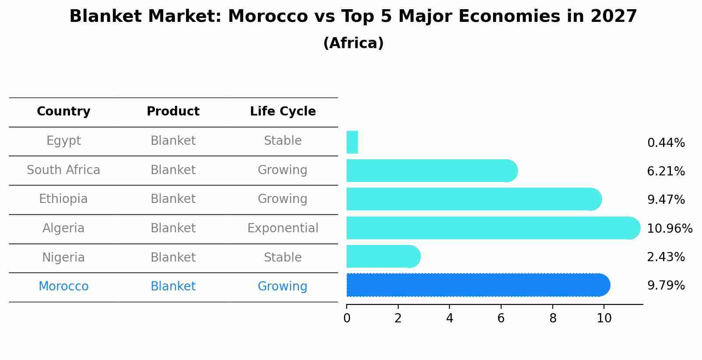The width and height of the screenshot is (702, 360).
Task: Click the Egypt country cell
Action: pos(63,141)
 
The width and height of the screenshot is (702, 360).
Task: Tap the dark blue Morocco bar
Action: pos(477,285)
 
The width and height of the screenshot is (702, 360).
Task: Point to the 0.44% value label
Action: pos(666,143)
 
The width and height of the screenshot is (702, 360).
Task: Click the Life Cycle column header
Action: pos(283,112)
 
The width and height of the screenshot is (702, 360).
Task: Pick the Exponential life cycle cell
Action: pos(283,228)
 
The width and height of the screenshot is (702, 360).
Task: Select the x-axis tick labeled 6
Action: pos(501,318)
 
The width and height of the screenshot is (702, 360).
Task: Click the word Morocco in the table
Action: pos(63,287)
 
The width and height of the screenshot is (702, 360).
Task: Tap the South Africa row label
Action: pos(63,170)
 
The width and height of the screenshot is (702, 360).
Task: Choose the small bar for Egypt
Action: pos(352,142)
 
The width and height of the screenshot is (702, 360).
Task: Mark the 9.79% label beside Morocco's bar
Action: pos(666,286)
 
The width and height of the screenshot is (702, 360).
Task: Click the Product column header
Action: pos(173,112)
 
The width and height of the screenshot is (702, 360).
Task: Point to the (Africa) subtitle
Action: pos(353,43)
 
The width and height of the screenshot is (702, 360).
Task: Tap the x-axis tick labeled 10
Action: pos(604,318)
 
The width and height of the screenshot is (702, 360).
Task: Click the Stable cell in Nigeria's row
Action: pos(283,258)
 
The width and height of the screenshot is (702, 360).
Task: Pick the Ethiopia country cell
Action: pos(63,199)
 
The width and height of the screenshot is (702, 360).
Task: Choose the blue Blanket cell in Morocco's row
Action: pos(173,287)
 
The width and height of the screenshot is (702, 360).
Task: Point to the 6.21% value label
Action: pos(666,171)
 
